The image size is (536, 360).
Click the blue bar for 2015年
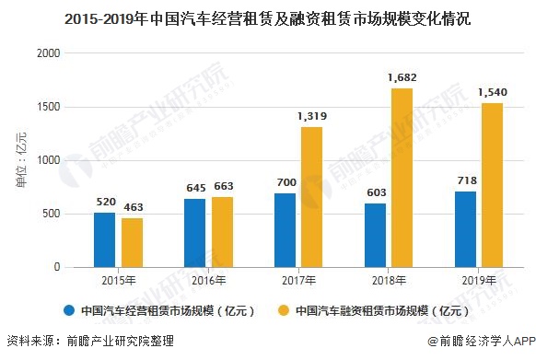pos(104,239)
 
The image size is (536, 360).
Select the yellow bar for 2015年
pos(133,242)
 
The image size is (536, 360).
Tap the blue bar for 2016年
pos(194,233)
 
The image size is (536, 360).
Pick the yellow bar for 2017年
pos(312,197)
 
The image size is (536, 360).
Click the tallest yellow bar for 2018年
pos(402,178)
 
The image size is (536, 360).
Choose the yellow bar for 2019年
pos(493,185)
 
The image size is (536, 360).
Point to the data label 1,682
pos(402,78)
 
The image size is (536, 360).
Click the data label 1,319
pos(312,117)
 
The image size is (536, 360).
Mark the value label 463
pos(133,208)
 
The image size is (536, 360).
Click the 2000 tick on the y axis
pos(48,53)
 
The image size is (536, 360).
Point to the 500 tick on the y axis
pos(51,214)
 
